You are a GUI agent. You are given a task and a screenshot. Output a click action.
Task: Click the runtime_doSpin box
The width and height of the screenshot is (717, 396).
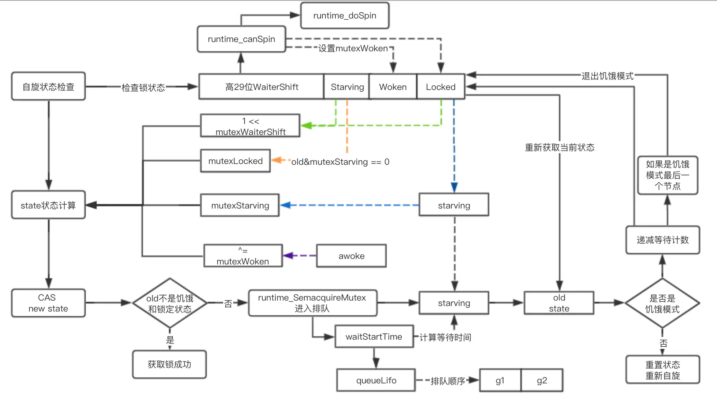pyautogui.click(x=345, y=16)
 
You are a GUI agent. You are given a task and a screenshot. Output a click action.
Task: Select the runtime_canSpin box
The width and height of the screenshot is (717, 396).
pyautogui.click(x=241, y=39)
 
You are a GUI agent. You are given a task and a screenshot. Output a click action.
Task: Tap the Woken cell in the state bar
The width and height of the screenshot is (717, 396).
pyautogui.click(x=393, y=87)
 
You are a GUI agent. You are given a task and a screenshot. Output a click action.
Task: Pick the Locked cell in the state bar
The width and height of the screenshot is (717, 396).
pyautogui.click(x=441, y=87)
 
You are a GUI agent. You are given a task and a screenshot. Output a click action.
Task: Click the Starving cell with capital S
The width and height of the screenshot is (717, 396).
pyautogui.click(x=347, y=87)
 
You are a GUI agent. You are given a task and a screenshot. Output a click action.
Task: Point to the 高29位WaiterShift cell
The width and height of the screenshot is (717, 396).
pyautogui.click(x=261, y=87)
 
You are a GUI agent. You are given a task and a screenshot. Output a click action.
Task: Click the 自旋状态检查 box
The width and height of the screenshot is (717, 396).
pyautogui.click(x=48, y=87)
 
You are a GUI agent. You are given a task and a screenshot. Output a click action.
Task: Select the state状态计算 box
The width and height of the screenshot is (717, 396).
pyautogui.click(x=48, y=205)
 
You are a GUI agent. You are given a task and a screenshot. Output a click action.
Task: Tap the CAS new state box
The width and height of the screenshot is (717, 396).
pyautogui.click(x=48, y=303)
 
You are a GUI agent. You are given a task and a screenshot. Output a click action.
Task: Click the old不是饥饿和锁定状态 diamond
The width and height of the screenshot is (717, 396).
pyautogui.click(x=170, y=303)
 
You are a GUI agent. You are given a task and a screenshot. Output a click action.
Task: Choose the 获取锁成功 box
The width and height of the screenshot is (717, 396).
pyautogui.click(x=169, y=364)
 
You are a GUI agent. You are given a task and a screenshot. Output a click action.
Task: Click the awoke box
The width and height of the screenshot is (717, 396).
pyautogui.click(x=351, y=256)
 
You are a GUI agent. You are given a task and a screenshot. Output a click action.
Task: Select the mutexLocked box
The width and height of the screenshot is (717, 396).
pyautogui.click(x=235, y=161)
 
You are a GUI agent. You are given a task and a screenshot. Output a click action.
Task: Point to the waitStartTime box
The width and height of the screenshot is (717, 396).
pyautogui.click(x=374, y=336)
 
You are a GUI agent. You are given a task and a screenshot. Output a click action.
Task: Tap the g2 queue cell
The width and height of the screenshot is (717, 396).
pyautogui.click(x=542, y=380)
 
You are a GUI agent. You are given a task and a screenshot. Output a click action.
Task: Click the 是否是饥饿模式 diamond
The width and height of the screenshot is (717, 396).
pyautogui.click(x=662, y=303)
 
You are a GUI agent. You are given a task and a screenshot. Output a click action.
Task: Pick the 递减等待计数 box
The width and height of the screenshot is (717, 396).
pyautogui.click(x=663, y=240)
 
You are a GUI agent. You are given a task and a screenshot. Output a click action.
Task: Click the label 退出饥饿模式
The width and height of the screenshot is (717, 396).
pyautogui.click(x=608, y=76)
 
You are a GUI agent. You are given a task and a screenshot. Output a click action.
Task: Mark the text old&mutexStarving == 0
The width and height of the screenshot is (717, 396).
pyautogui.click(x=340, y=162)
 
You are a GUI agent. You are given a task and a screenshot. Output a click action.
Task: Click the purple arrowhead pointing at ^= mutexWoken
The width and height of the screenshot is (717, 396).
pyautogui.click(x=288, y=256)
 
